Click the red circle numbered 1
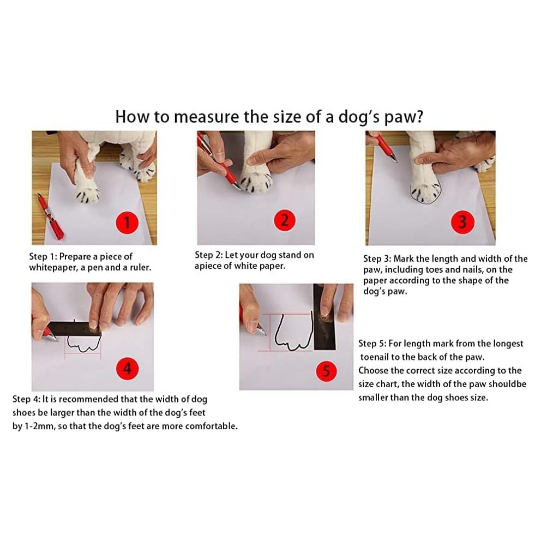(127, 223)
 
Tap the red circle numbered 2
(285, 220)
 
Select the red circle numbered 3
(462, 222)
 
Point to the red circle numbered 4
(128, 369)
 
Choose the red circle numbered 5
(326, 371)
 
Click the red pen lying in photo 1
(50, 217)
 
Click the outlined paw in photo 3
(425, 191)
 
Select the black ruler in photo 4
(75, 329)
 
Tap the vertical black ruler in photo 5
(324, 317)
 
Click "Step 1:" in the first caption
(43, 256)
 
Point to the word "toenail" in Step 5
(375, 357)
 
